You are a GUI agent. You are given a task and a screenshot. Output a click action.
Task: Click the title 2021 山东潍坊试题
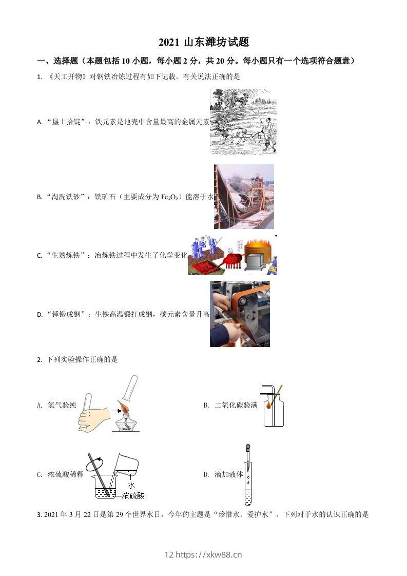click(x=204, y=43)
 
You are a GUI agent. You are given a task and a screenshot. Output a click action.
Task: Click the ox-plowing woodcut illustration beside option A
click(x=243, y=121)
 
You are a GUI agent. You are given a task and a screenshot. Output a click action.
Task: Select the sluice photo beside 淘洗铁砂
click(x=244, y=197)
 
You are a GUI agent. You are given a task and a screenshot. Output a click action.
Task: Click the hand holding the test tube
click(x=94, y=418)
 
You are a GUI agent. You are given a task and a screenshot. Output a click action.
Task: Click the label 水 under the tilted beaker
click(x=131, y=485)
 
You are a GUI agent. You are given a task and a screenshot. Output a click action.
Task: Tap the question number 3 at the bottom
click(x=39, y=514)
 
